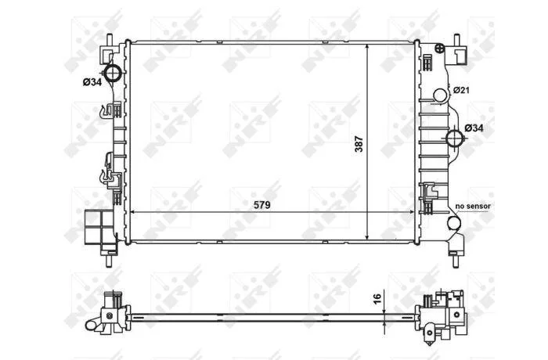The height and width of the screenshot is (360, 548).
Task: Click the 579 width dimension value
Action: [x=261, y=205]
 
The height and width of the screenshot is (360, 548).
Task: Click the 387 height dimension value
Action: [x=359, y=144]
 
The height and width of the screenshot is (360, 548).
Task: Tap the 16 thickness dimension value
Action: [x=377, y=298]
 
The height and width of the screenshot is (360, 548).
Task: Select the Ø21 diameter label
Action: [x=461, y=90]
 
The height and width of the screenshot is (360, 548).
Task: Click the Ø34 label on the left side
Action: [x=92, y=82]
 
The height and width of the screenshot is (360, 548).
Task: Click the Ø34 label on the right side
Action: [x=474, y=128]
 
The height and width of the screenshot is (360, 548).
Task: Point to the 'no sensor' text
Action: [x=473, y=206]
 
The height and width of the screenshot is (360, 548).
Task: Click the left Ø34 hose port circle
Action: [x=113, y=73]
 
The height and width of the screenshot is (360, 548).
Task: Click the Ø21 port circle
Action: [x=440, y=95]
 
